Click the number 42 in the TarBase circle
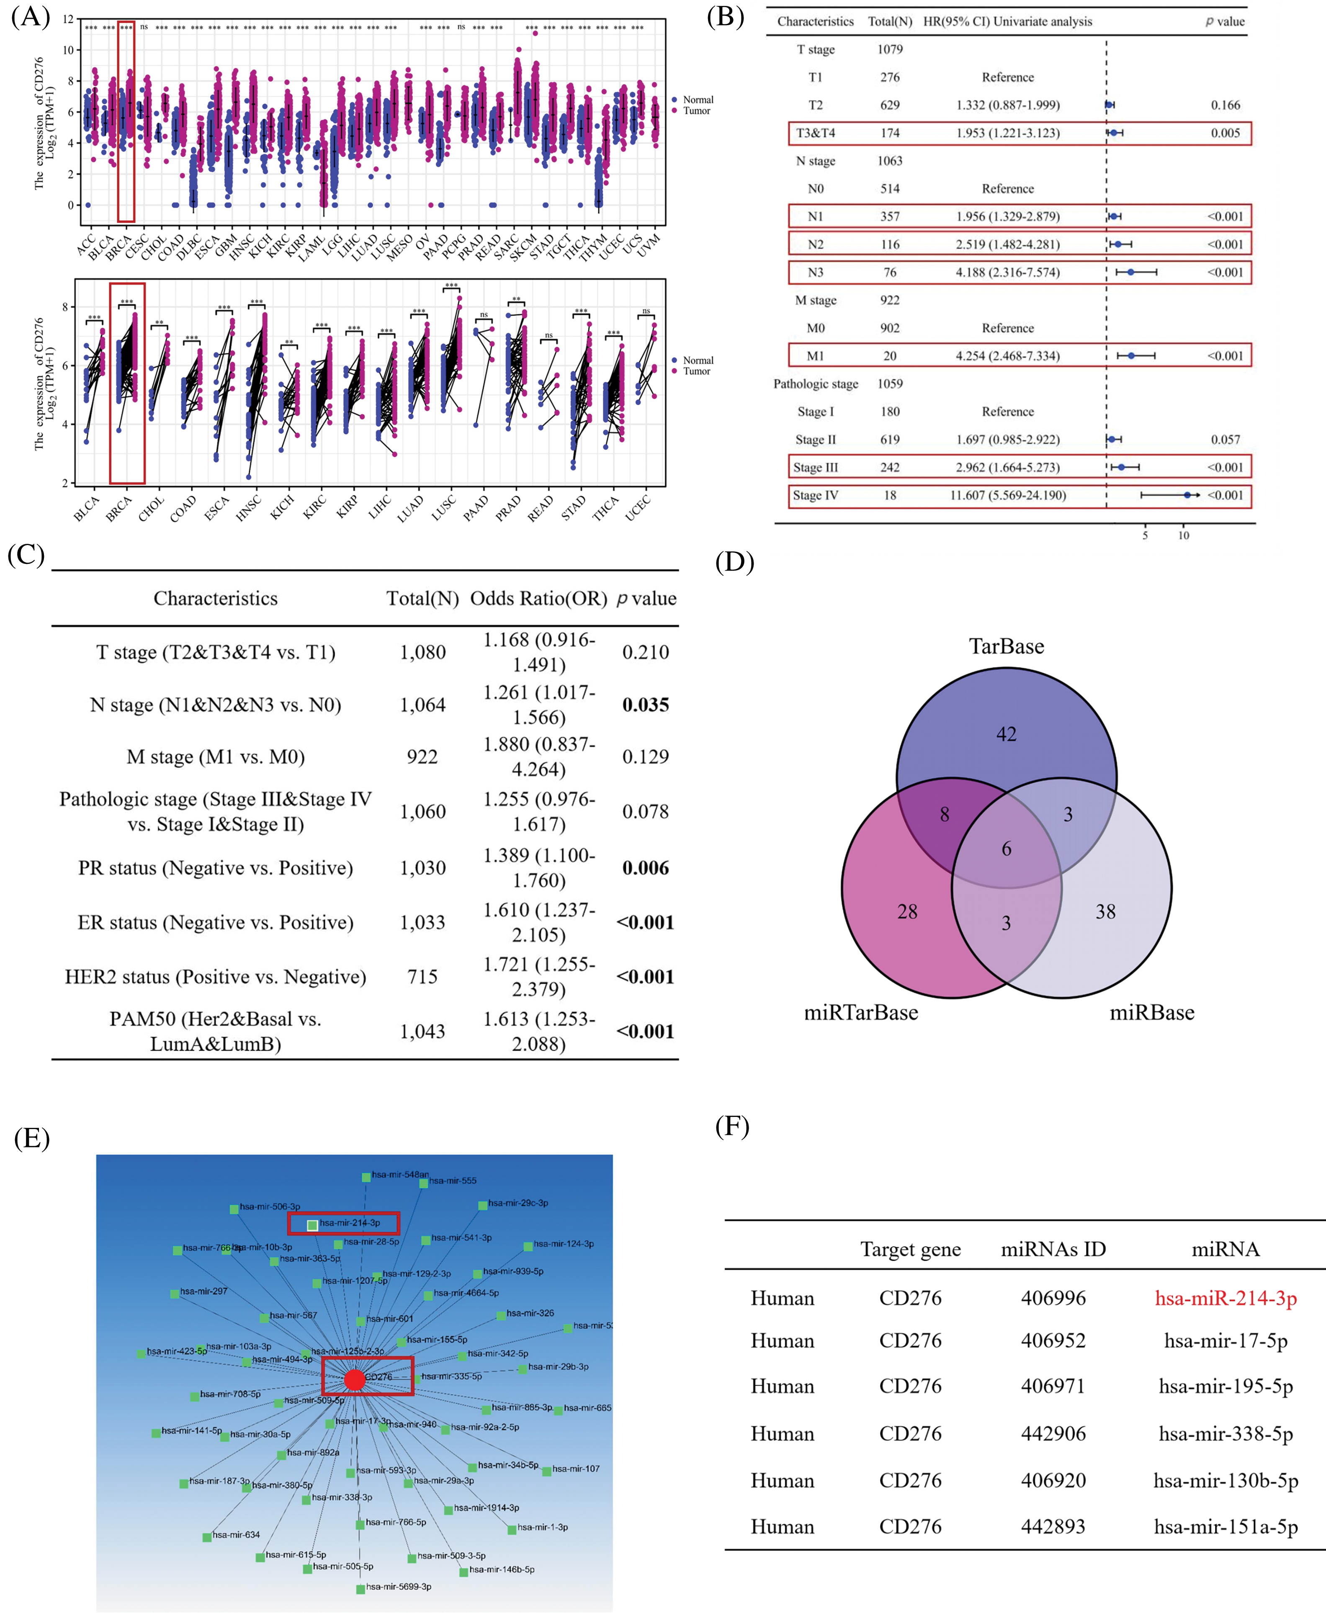click(1006, 734)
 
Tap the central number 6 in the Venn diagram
click(1006, 849)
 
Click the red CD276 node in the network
click(354, 1379)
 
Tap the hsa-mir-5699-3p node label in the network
click(398, 1586)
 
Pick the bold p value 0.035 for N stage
click(646, 705)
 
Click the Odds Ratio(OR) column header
click(538, 599)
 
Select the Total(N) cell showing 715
click(422, 977)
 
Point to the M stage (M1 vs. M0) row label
click(215, 757)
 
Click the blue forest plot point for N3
click(1130, 272)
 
